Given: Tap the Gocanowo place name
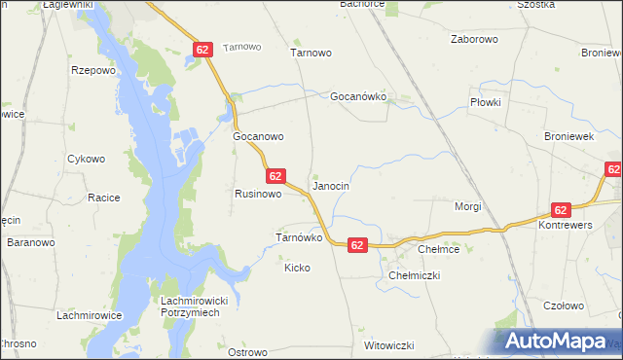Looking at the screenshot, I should pos(258,137).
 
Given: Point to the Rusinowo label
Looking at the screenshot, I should pos(258,194).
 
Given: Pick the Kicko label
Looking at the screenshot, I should pos(297,268).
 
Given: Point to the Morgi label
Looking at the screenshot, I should pos(469,206).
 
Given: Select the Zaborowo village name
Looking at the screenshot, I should pos(474,40).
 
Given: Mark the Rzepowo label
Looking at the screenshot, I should pos(93,70).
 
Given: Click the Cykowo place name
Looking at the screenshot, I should pos(86,159).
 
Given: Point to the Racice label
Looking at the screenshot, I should pos(103,198).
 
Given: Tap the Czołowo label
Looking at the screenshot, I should pos(564,306).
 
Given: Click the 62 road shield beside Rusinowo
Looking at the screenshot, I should pos(275,176).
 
